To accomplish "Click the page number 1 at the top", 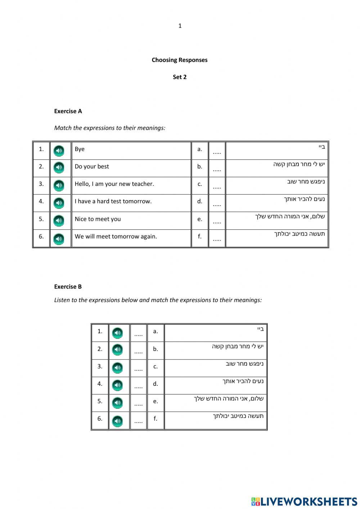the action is point(180,26).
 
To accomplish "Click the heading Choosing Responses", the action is point(179,60).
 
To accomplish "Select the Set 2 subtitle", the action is point(179,77).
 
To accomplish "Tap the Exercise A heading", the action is point(68,111).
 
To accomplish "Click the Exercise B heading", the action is point(68,287).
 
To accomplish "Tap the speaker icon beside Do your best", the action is point(59,168).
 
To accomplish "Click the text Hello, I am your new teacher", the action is point(114,184).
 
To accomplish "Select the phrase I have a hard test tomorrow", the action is point(113,201).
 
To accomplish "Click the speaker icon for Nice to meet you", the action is point(59,220).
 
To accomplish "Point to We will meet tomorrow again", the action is point(116,237).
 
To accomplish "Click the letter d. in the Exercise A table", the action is point(200,201).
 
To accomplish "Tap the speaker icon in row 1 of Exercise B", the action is point(117,333).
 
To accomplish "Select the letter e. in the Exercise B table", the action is point(156,401).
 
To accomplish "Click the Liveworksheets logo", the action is point(304,501).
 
